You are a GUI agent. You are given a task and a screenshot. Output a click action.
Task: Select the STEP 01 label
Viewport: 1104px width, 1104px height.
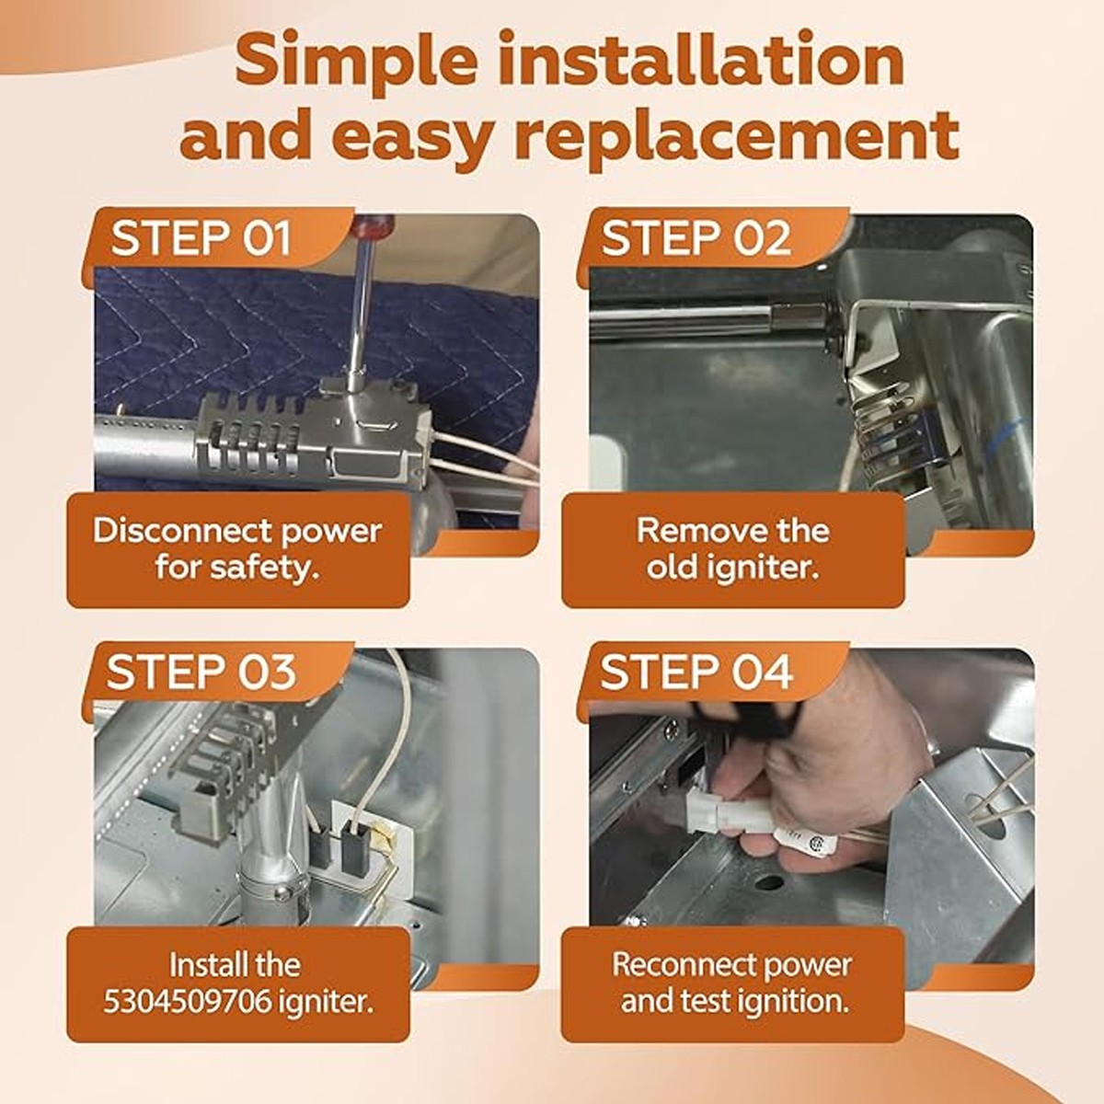(x=201, y=237)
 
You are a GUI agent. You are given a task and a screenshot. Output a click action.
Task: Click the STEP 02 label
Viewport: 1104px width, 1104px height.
(x=696, y=237)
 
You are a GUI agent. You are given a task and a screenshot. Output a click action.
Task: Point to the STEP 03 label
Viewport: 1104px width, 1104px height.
(x=201, y=672)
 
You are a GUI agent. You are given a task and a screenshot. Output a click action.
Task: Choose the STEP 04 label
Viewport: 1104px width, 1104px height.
(x=696, y=672)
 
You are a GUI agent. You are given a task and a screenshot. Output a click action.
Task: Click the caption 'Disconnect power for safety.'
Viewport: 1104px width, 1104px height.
(x=237, y=549)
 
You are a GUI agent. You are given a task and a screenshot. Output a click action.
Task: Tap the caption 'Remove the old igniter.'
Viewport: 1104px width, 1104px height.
(x=732, y=549)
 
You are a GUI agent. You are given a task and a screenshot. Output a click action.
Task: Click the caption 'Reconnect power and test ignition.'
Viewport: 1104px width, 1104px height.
(x=732, y=983)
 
